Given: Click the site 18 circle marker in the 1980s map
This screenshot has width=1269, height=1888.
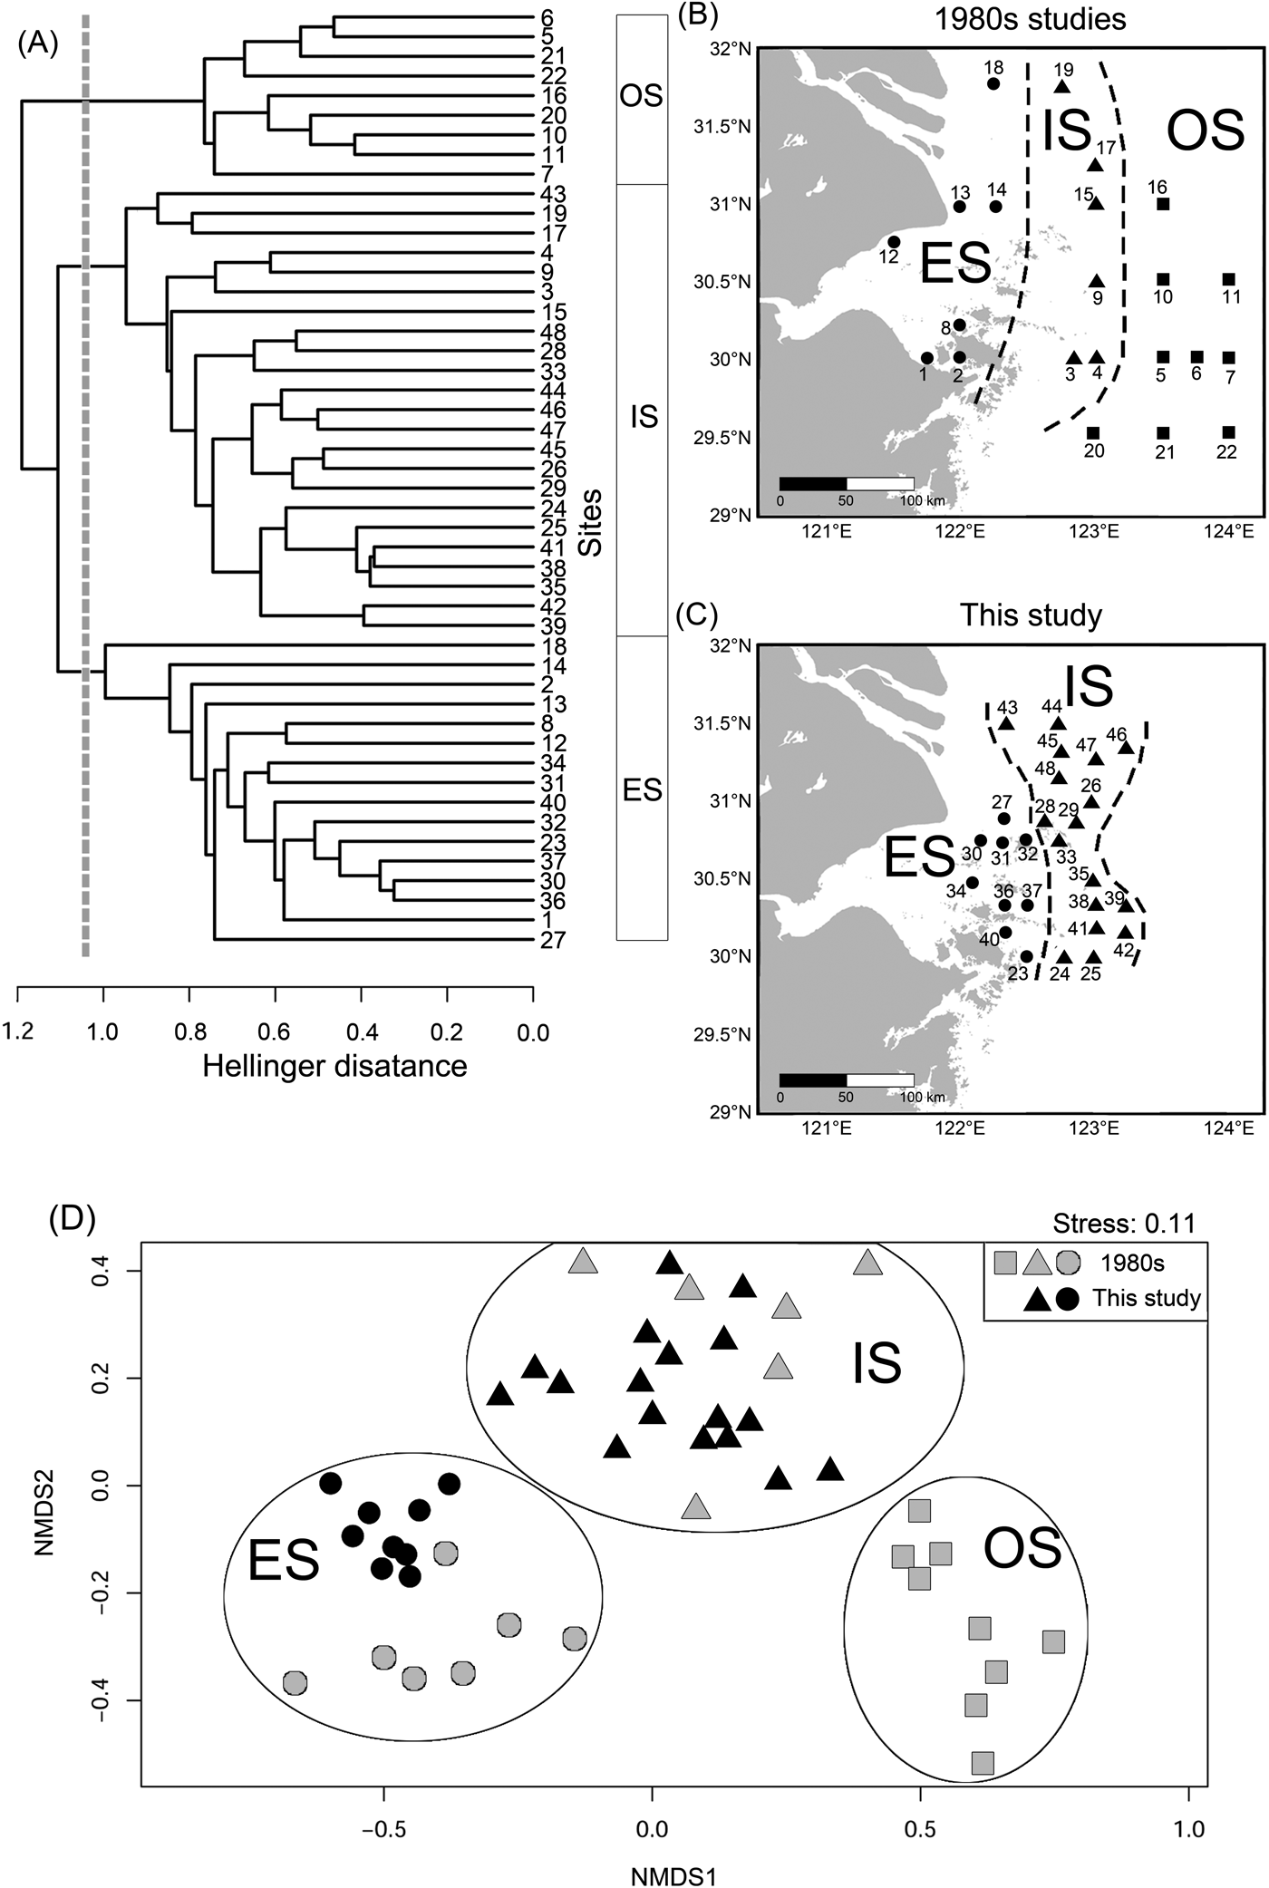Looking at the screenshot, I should (993, 84).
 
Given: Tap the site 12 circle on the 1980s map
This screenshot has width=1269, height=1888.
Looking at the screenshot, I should (895, 242).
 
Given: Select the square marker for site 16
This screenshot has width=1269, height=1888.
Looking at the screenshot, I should (1163, 204).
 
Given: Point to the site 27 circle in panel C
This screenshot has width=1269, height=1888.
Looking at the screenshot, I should (1004, 818).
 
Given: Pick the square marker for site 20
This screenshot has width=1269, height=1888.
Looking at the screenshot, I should (1093, 432).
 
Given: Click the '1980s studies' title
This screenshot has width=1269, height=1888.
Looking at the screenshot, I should (1031, 19).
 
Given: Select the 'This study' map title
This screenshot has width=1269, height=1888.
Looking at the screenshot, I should (1031, 616).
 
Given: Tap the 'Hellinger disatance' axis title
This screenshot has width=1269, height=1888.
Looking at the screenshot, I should (334, 1066).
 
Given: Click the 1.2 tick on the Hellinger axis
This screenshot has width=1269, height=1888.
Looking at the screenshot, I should (19, 1032).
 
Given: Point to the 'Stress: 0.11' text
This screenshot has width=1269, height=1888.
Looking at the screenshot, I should (1124, 1223).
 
